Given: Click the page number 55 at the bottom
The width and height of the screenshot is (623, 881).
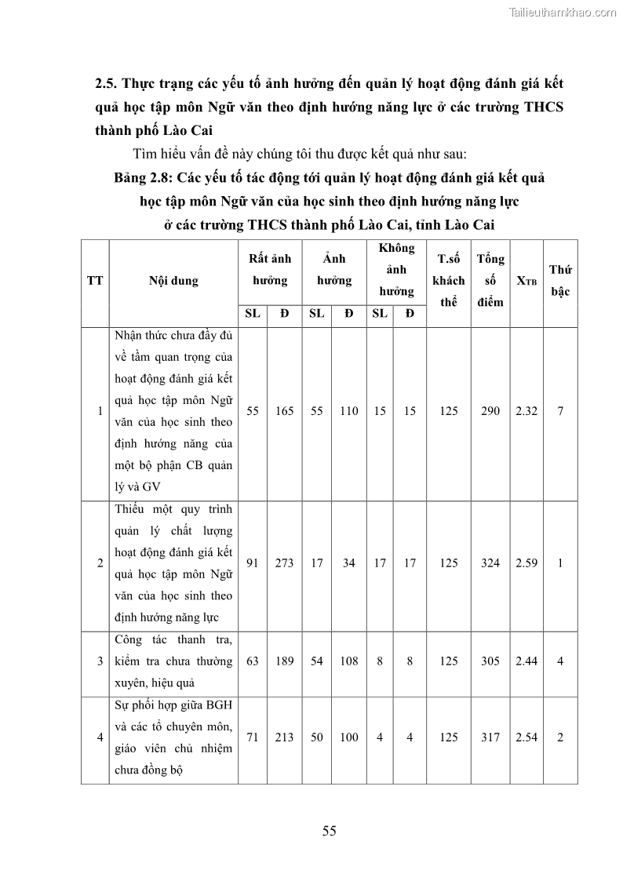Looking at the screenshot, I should [x=329, y=832].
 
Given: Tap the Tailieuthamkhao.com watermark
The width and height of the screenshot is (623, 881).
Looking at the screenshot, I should [x=563, y=12].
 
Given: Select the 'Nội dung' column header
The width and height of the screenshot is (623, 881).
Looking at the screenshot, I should [x=173, y=281].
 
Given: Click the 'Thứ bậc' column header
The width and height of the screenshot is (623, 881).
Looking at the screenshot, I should [x=560, y=280].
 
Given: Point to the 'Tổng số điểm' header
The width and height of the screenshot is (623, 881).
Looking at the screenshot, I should [x=490, y=280].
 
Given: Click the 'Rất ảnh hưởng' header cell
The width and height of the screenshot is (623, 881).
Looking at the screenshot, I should [x=269, y=269].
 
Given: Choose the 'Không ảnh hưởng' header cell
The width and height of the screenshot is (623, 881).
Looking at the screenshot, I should [x=396, y=269].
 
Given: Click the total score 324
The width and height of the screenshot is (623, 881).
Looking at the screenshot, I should [x=490, y=562].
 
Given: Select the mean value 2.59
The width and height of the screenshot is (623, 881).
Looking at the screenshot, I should [x=526, y=562].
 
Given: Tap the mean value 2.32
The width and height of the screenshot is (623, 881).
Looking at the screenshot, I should [x=526, y=411].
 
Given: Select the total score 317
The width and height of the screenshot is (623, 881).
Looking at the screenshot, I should [x=490, y=737].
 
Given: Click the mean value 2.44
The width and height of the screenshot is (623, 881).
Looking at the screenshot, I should [x=526, y=661].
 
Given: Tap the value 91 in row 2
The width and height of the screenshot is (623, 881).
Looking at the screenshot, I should [x=253, y=562].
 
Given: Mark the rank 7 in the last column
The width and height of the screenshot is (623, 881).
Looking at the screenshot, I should [x=560, y=411].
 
